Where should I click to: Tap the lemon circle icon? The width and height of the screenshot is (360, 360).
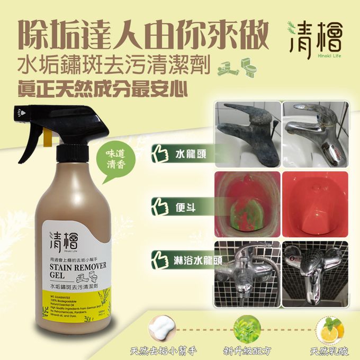pos(328,328)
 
